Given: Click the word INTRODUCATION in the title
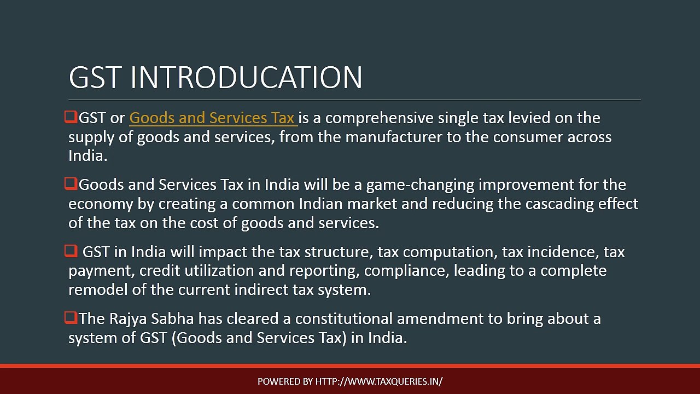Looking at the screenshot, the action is (247, 77).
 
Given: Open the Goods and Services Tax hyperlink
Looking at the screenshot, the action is (213, 118).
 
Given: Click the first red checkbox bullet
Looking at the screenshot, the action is (71, 117).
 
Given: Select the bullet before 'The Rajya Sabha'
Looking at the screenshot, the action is (71, 318).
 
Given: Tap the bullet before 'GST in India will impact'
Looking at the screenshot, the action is (71, 251).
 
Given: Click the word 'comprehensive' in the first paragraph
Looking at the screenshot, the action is (380, 118).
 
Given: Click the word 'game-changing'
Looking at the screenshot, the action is (421, 185).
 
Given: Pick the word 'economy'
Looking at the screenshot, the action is (101, 205).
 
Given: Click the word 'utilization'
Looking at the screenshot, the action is (219, 270).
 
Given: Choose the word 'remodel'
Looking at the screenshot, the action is (98, 289).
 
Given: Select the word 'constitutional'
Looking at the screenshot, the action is (344, 318).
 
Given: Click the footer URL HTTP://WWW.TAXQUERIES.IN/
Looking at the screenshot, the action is (379, 381).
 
